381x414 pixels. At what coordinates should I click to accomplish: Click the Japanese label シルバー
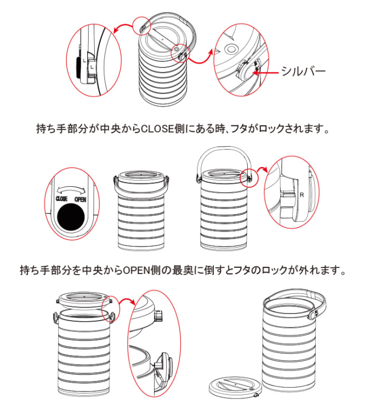click(303, 72)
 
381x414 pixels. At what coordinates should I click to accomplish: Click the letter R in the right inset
click(302, 195)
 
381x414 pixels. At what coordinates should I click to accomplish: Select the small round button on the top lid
click(177, 51)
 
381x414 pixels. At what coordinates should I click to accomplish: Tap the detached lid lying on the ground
click(235, 389)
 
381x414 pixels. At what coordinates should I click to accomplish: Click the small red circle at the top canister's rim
click(141, 26)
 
